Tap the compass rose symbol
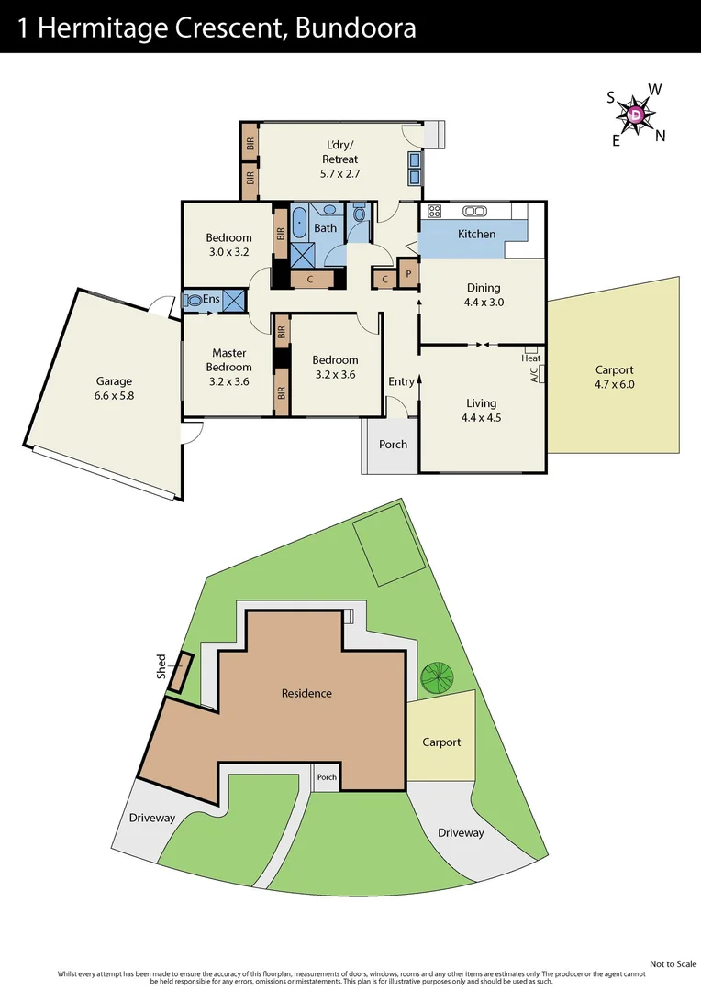coord(637,115)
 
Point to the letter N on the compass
coord(660,136)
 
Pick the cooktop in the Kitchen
coord(435,211)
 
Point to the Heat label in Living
coord(530,358)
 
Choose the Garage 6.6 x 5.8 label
coord(115,389)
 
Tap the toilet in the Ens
coord(194,299)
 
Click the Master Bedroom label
coord(228,360)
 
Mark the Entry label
coord(401,381)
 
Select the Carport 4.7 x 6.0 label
coord(614,378)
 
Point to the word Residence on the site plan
coord(306,693)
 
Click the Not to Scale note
coord(673,963)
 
